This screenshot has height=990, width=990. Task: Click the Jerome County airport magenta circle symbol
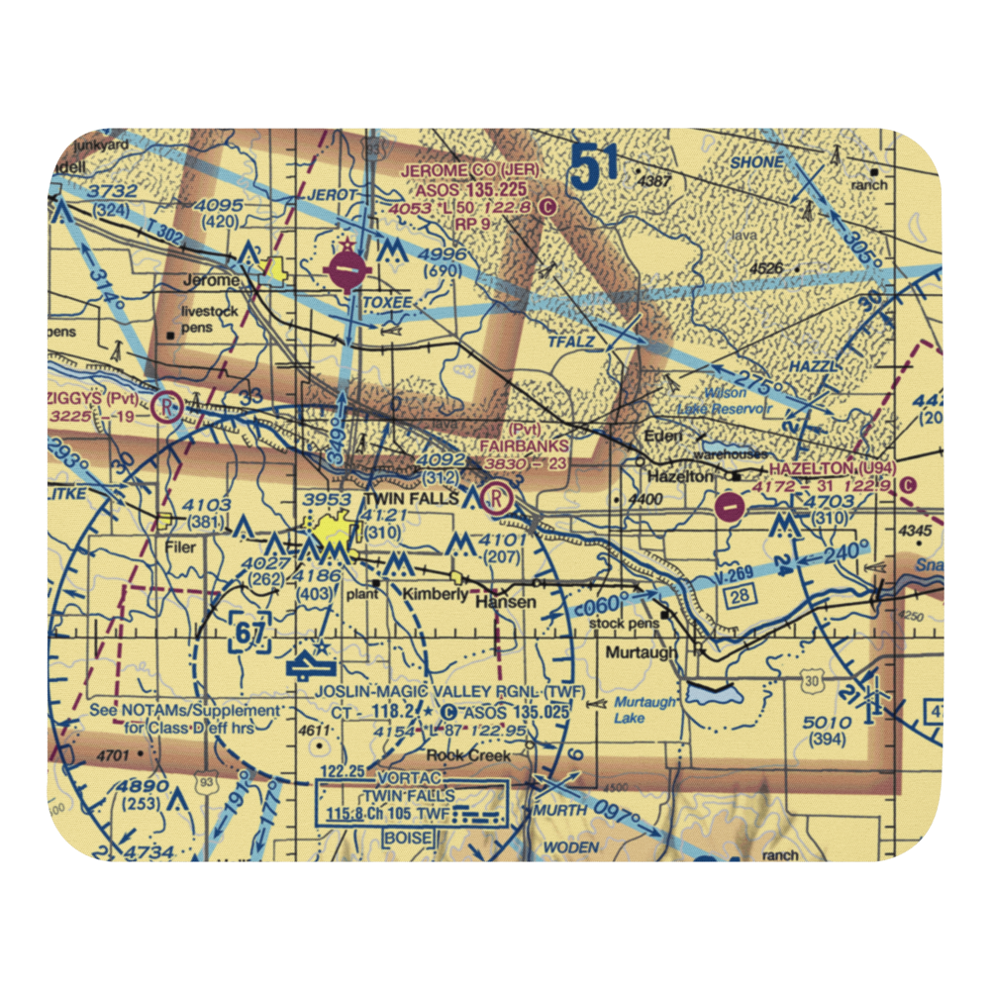(346, 268)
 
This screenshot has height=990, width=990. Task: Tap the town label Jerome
(212, 281)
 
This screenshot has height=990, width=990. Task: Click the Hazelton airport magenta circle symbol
(730, 508)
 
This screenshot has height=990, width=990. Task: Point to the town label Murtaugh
(643, 653)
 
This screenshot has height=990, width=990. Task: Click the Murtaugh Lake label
(643, 710)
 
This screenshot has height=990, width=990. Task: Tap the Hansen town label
(506, 602)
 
